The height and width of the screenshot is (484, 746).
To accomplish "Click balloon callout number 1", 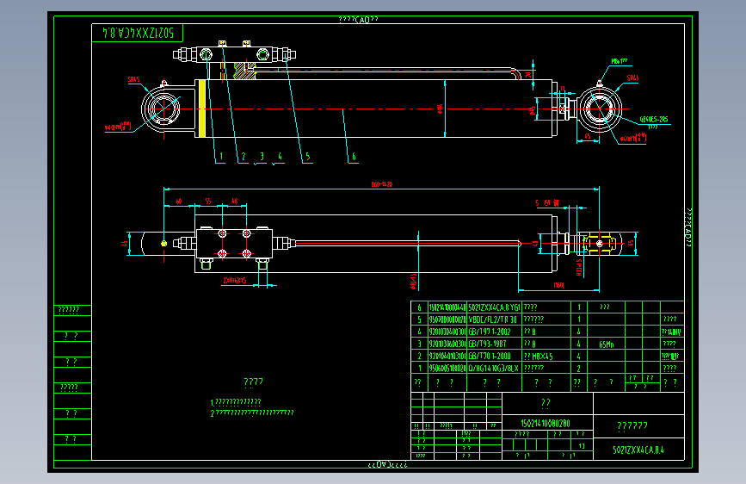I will (x=220, y=158).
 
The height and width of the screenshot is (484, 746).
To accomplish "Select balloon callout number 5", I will (x=305, y=158).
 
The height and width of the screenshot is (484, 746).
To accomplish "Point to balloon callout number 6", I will (x=353, y=158).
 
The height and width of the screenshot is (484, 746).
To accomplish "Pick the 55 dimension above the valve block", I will (x=209, y=201).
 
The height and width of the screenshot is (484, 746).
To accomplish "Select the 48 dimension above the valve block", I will (x=234, y=201).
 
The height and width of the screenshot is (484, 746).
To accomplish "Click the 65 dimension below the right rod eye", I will (x=587, y=136).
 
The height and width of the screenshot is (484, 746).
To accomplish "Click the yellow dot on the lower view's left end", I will (x=163, y=242).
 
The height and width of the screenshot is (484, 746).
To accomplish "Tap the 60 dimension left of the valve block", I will (x=179, y=201).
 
